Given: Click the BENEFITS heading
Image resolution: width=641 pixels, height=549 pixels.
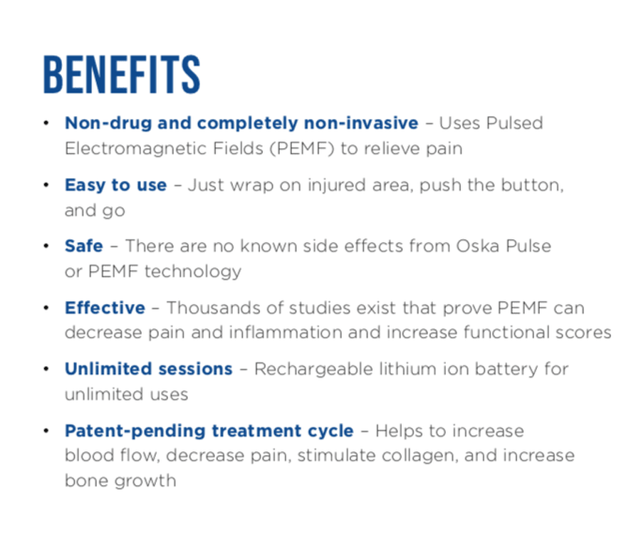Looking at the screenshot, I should pyautogui.click(x=121, y=73).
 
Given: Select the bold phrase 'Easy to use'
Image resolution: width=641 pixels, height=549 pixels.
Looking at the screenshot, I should pyautogui.click(x=115, y=185).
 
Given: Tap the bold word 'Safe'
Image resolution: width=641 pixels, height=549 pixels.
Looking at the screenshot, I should pyautogui.click(x=83, y=246).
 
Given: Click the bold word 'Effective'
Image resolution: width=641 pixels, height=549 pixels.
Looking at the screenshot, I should pyautogui.click(x=105, y=308).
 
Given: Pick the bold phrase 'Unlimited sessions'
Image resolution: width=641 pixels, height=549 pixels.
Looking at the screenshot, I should pyautogui.click(x=148, y=369).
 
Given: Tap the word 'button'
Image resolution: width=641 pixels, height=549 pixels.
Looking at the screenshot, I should pyautogui.click(x=534, y=185).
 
